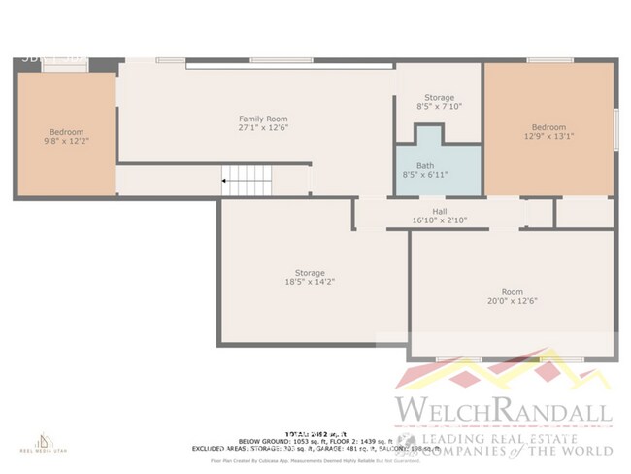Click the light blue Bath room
coord(425,170)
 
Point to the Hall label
coord(439,211)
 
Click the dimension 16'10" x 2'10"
coord(439,220)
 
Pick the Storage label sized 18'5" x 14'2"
coord(310,278)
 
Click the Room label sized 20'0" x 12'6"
coord(512,296)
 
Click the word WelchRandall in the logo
coord(502,409)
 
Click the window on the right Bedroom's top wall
coord(549,61)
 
